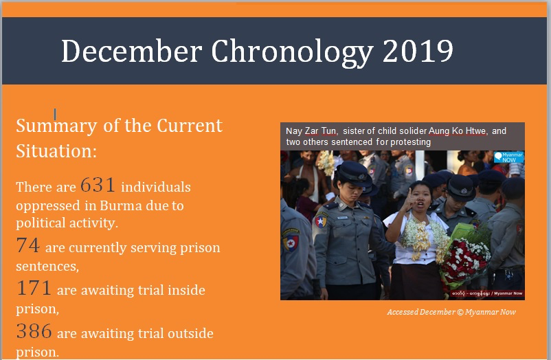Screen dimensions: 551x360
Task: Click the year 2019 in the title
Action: click(418, 51)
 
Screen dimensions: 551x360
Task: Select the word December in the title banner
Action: click(132, 51)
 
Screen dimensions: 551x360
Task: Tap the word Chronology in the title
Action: click(292, 53)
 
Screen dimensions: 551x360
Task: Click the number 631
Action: click(98, 185)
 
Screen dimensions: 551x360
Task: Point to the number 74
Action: click(27, 245)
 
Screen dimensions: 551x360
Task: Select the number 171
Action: click(34, 288)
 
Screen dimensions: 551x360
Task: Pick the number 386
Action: click(34, 331)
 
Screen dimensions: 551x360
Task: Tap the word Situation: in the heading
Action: click(56, 151)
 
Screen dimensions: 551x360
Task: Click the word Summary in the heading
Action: click(56, 126)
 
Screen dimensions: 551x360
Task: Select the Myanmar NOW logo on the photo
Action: click(508, 157)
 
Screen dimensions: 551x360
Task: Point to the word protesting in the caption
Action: click(410, 142)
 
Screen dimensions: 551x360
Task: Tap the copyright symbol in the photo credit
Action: click(460, 312)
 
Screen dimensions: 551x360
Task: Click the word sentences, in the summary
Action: click(47, 266)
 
